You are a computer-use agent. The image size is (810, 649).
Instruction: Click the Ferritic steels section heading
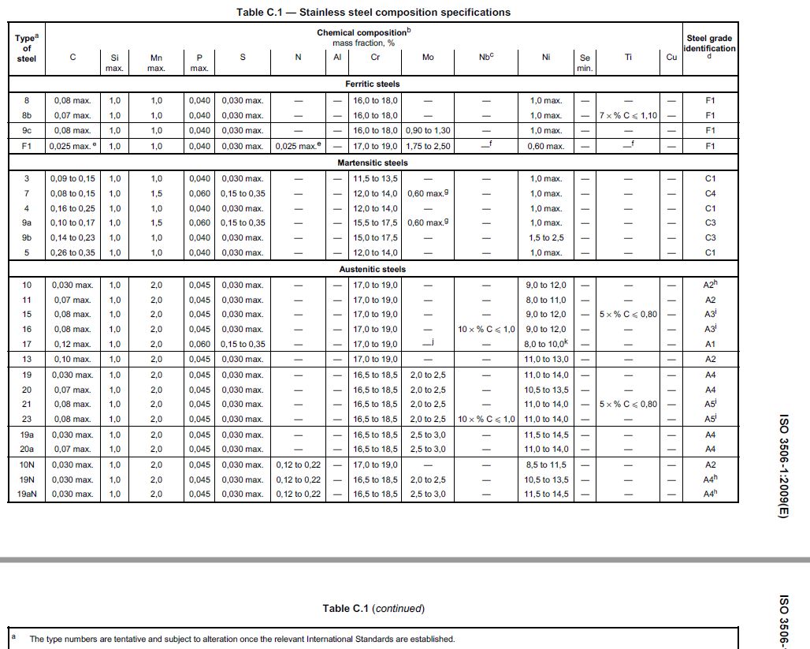(373, 84)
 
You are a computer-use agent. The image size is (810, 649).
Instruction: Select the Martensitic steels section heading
(373, 162)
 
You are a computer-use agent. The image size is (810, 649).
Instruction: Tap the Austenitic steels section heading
(373, 269)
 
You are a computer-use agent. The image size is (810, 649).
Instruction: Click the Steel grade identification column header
(709, 43)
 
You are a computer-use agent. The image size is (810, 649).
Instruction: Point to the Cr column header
(376, 58)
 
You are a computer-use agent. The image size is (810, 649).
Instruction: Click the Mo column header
(428, 58)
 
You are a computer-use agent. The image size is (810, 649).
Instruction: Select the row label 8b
(27, 116)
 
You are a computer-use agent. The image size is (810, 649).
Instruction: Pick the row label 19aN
(27, 494)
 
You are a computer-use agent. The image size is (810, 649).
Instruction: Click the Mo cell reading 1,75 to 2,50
(428, 146)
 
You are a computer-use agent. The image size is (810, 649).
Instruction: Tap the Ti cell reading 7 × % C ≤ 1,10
(628, 116)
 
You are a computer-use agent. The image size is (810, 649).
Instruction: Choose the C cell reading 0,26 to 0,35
(73, 253)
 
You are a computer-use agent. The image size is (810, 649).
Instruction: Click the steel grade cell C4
(710, 194)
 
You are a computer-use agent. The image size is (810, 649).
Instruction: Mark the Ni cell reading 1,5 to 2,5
(546, 238)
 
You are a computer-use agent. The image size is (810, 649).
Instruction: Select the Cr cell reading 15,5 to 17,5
(376, 223)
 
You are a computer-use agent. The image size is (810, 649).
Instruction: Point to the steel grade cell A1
(710, 345)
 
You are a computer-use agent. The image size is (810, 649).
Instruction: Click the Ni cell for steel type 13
(546, 360)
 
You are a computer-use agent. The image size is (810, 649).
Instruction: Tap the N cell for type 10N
(298, 465)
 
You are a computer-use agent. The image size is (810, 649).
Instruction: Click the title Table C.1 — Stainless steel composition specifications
(373, 13)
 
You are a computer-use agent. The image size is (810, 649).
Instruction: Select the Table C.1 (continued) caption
(373, 609)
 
